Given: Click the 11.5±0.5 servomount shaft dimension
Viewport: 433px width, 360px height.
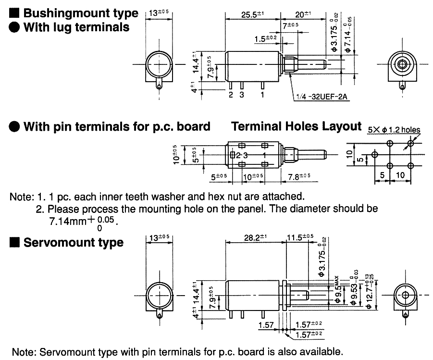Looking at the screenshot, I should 301,237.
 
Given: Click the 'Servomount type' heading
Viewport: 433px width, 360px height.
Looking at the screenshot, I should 74,243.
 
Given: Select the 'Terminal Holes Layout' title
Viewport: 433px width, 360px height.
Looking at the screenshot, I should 296,126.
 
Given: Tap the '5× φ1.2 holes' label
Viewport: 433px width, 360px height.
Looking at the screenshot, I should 394,130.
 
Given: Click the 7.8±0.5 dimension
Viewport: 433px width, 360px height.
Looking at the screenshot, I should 299,177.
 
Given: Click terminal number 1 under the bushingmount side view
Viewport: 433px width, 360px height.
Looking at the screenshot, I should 262,95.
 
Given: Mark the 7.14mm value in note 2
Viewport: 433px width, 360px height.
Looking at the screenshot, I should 65,223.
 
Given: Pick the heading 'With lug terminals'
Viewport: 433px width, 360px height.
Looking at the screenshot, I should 76,27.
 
